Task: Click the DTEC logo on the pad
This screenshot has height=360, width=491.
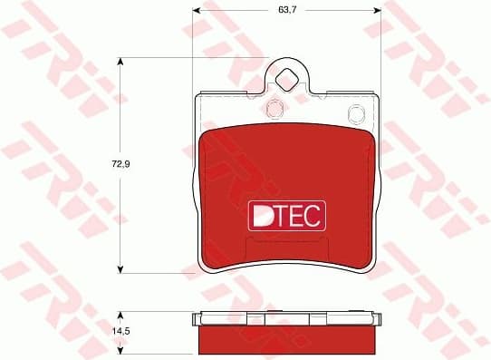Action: click(286, 214)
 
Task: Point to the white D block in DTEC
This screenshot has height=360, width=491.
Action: click(262, 214)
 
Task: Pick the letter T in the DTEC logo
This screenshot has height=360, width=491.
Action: click(282, 214)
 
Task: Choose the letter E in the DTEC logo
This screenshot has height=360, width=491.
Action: click(298, 214)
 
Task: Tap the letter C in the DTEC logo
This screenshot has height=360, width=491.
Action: click(314, 214)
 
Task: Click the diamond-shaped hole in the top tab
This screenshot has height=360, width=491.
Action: click(286, 80)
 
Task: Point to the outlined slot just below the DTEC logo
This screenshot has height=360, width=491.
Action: click(286, 243)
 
